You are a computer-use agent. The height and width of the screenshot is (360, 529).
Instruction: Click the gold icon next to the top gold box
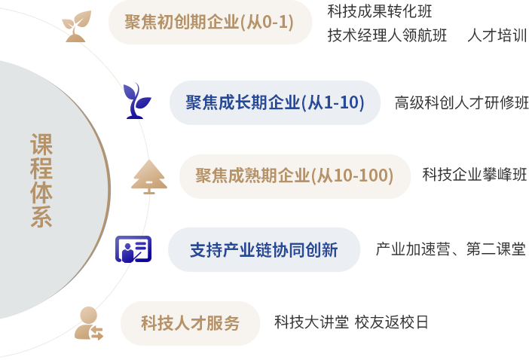[x=76, y=25]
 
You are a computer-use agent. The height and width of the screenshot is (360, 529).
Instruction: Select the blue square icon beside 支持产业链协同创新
[x=133, y=249]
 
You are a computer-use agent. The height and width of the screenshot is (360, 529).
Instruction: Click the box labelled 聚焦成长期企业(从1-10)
[x=275, y=102]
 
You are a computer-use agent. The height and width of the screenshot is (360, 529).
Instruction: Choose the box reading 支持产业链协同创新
[x=264, y=249]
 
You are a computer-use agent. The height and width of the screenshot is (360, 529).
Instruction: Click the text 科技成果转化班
[x=380, y=11]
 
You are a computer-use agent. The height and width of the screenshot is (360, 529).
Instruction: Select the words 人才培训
[x=497, y=35]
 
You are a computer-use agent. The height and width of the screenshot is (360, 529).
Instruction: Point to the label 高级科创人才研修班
[x=461, y=102]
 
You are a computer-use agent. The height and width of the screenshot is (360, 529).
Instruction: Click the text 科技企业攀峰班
[x=474, y=175]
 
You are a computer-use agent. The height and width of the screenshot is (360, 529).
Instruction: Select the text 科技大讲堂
[x=310, y=322]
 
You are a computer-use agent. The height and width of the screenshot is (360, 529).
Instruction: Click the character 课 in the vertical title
[x=41, y=144]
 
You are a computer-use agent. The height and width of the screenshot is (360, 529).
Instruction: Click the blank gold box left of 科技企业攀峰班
[x=295, y=176]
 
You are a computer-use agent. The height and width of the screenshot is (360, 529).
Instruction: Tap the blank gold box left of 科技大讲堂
[x=190, y=322]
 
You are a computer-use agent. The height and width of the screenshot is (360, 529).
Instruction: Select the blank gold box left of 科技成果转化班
[x=210, y=23]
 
